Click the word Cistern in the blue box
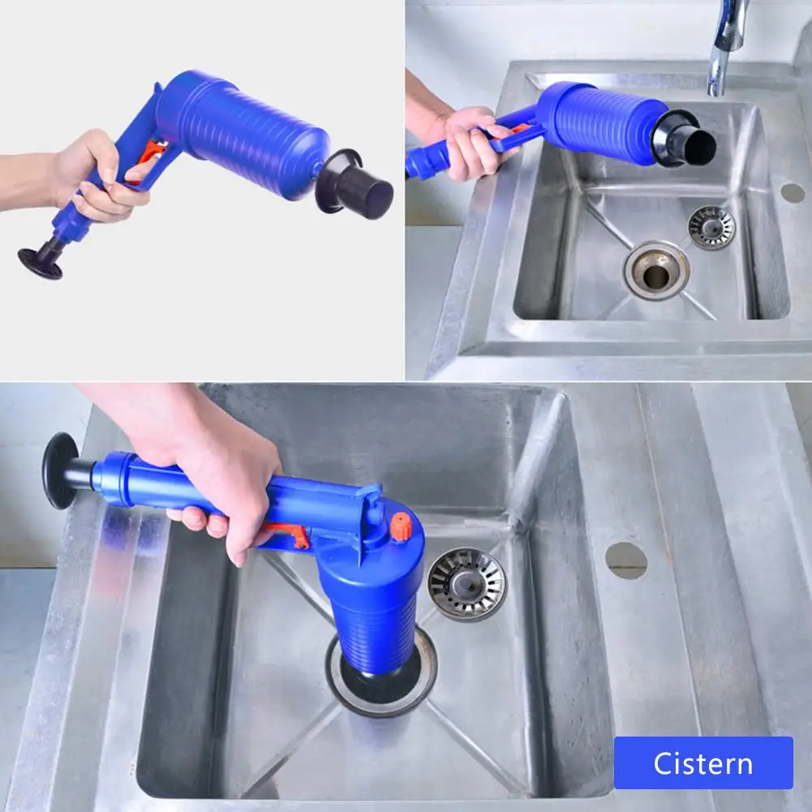click(x=703, y=763)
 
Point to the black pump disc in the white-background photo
click(x=41, y=262)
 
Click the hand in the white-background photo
click(x=97, y=174)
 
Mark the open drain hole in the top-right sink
click(x=656, y=276)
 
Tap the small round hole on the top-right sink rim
click(x=792, y=193)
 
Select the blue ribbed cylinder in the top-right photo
click(x=596, y=122)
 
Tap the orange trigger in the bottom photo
click(x=288, y=535)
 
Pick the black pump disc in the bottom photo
click(x=58, y=470)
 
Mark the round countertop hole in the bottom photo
click(x=626, y=561)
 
